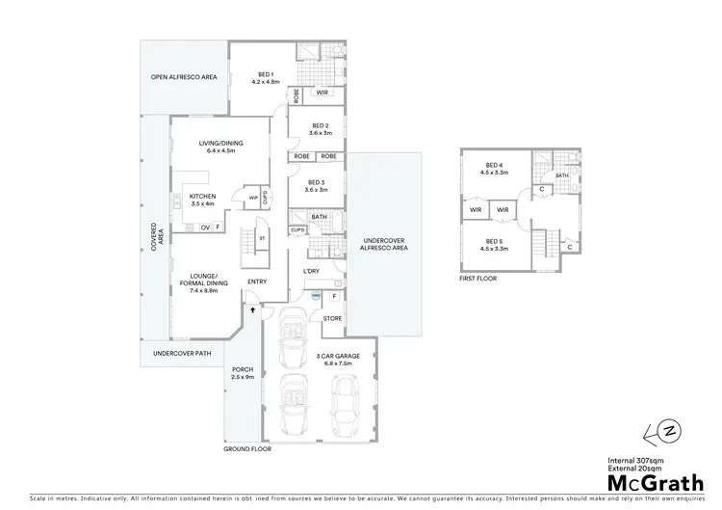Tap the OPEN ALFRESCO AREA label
tap(182, 77)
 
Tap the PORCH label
tap(242, 371)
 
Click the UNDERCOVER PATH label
tap(182, 354)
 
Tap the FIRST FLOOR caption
tap(479, 281)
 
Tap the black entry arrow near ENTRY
tap(254, 309)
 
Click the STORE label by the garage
tap(332, 317)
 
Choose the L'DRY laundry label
tap(311, 272)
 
